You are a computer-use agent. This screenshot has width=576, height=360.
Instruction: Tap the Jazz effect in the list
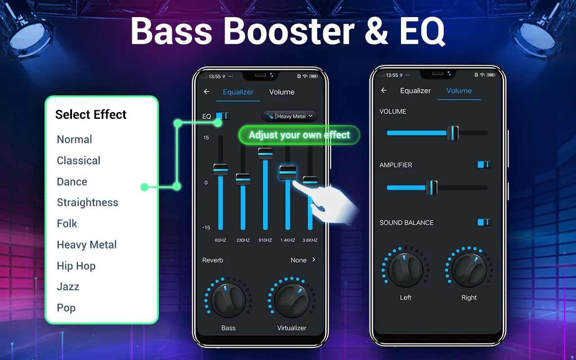click(68, 287)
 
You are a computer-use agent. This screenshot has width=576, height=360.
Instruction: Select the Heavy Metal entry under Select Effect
click(86, 245)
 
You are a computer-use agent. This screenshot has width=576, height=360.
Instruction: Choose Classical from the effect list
click(78, 161)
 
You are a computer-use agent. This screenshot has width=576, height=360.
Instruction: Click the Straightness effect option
click(87, 202)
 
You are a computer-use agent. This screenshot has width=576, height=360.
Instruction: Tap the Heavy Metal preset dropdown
click(290, 116)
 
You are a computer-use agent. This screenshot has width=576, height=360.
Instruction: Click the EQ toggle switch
click(222, 116)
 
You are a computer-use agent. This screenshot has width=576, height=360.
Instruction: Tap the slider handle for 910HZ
click(265, 153)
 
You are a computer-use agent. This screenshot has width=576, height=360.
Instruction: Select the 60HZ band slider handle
click(220, 170)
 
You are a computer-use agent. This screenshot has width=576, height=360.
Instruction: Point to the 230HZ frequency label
click(243, 240)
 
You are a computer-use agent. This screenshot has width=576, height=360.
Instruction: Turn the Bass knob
click(228, 301)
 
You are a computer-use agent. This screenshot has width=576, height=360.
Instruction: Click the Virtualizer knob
click(292, 301)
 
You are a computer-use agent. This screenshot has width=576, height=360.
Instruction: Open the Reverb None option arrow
click(314, 260)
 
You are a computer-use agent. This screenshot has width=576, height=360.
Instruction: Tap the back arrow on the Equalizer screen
click(207, 92)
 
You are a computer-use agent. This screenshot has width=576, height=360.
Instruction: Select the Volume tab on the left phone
click(282, 92)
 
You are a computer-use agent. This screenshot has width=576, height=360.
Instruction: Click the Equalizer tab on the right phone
click(415, 91)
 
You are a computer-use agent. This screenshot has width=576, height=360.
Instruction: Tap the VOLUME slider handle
click(453, 133)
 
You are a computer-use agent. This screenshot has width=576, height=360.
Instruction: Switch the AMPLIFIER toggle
click(484, 165)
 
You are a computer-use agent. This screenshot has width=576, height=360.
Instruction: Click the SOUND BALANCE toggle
click(484, 222)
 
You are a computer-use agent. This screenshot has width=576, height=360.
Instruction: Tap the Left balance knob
click(405, 270)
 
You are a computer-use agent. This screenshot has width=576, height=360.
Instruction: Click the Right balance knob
click(469, 270)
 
